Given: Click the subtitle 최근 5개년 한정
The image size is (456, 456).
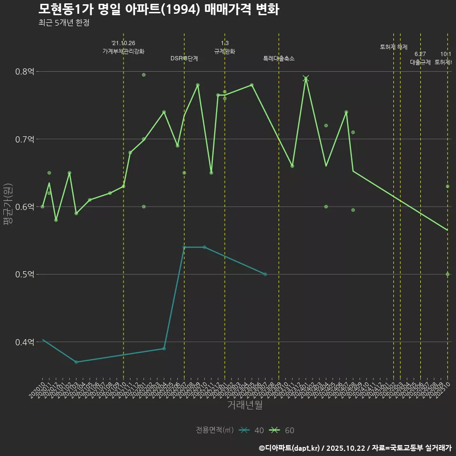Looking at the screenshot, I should [x=64, y=23].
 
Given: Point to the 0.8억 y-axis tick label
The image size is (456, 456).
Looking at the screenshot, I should [x=25, y=72].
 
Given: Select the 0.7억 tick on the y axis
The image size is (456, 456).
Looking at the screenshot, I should [x=25, y=139].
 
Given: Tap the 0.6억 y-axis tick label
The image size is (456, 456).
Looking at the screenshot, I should [x=25, y=207].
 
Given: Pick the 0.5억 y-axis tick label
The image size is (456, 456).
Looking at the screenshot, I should [x=25, y=275].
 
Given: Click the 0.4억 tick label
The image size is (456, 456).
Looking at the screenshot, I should [x=25, y=342].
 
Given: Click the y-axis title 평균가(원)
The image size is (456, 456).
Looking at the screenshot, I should [x=8, y=207].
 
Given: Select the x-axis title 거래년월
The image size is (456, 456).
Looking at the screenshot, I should [x=245, y=405].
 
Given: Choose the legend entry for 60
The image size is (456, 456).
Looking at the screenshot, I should [x=283, y=430].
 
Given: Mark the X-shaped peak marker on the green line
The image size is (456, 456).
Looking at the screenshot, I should [x=306, y=78].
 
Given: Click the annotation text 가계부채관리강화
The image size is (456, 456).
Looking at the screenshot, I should [x=123, y=51].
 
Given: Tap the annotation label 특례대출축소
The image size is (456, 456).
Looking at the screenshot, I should [x=279, y=58].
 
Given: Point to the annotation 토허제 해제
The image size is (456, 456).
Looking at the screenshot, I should [x=394, y=47].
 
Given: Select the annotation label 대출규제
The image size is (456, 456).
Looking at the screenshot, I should [x=420, y=62].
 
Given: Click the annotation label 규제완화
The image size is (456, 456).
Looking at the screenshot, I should [x=225, y=51].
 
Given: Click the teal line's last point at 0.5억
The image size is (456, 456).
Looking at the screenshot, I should [x=265, y=275].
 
